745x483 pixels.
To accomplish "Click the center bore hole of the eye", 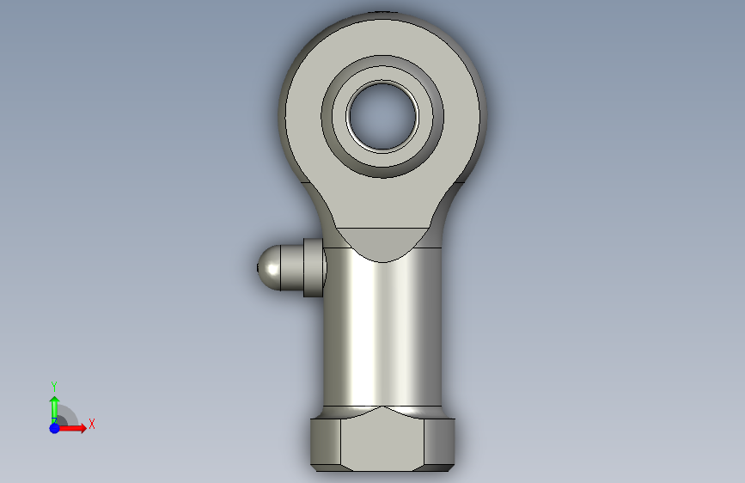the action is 382,117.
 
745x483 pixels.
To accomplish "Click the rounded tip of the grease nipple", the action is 268,268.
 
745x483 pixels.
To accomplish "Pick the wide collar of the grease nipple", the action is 314,267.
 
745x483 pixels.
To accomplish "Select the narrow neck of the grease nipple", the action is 292,267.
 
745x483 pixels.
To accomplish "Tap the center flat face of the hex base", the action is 382,440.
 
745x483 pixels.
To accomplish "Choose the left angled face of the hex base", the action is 326,442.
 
